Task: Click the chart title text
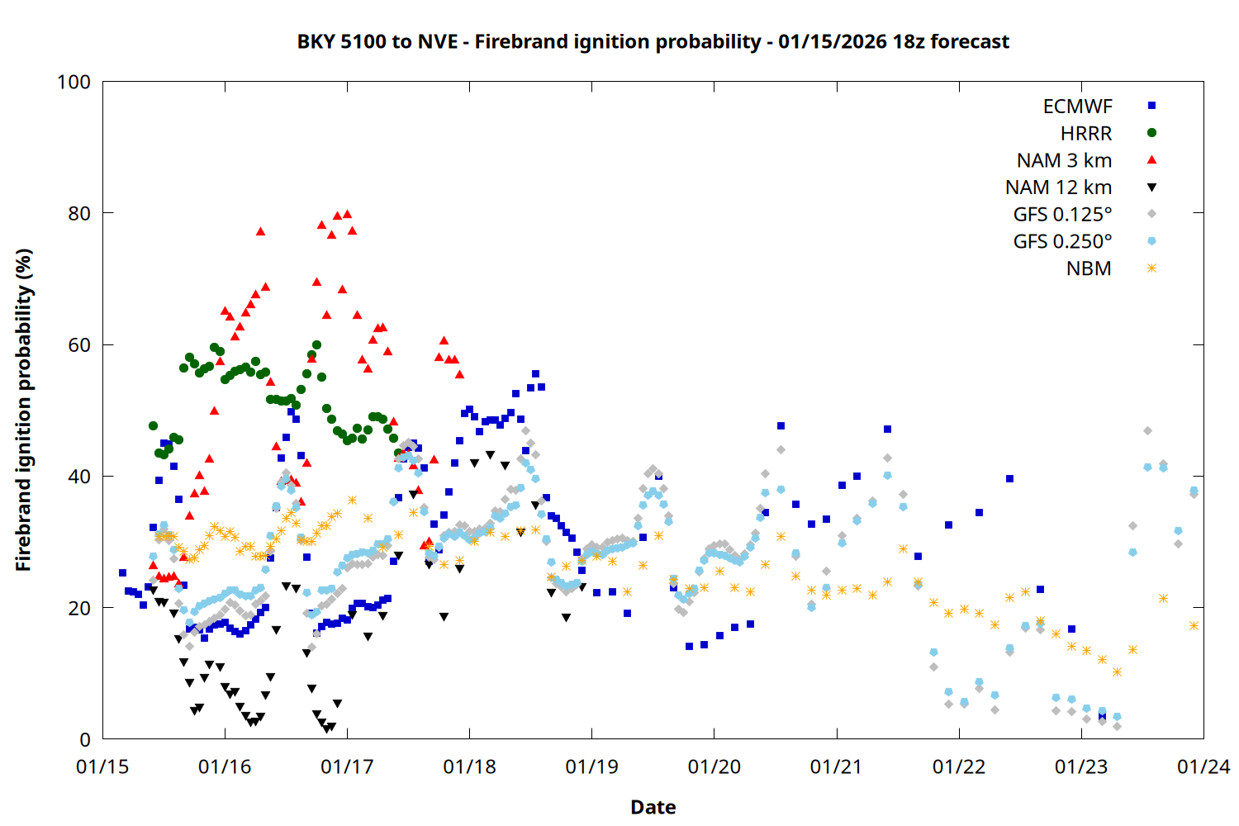pos(653,41)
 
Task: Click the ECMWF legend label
pos(1077,107)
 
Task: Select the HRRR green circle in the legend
pos(1151,133)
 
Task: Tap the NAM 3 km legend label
pos(1064,160)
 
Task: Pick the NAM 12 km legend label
pos(1058,188)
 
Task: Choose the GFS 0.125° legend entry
pos(1062,215)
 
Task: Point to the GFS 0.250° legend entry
pos(1062,241)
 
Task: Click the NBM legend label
pos(1089,268)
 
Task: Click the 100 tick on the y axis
pos(74,82)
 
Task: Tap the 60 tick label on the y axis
pos(79,345)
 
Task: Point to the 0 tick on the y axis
pos(85,740)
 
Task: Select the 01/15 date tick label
pos(102,767)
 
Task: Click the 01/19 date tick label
pos(591,767)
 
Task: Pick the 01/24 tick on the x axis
pos(1203,767)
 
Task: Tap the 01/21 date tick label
pos(836,767)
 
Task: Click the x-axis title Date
pos(653,807)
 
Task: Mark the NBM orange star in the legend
pos(1151,268)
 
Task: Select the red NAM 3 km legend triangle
pos(1151,160)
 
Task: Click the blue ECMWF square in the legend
pos(1151,106)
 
